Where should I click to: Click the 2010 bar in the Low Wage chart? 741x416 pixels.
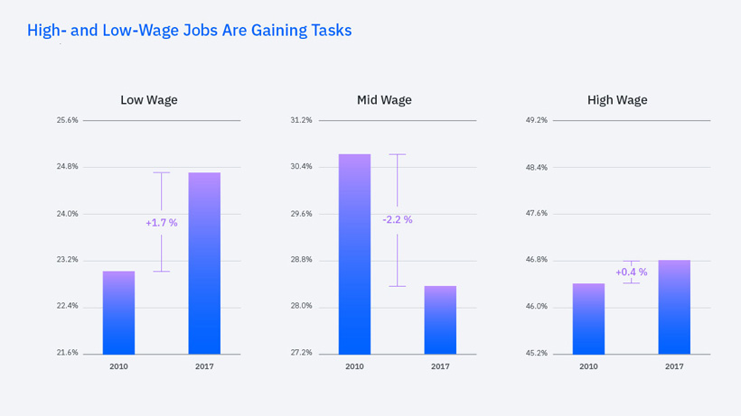pyautogui.click(x=118, y=312)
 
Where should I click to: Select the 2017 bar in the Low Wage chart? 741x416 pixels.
pyautogui.click(x=204, y=263)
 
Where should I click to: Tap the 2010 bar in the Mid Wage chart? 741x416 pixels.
pyautogui.click(x=354, y=254)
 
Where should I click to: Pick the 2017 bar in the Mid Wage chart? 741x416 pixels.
pyautogui.click(x=440, y=319)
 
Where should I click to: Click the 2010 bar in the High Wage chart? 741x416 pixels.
pyautogui.click(x=588, y=319)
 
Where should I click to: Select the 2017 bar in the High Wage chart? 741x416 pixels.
pyautogui.click(x=674, y=307)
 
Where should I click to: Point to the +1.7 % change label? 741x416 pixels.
pyautogui.click(x=162, y=223)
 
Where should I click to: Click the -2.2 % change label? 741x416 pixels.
pyautogui.click(x=398, y=220)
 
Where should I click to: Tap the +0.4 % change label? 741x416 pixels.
pyautogui.click(x=632, y=273)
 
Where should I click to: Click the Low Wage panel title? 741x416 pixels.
pyautogui.click(x=149, y=100)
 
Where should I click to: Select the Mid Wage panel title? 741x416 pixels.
pyautogui.click(x=384, y=100)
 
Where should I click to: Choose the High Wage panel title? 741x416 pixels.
pyautogui.click(x=617, y=100)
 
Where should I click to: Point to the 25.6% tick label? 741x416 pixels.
pyautogui.click(x=67, y=120)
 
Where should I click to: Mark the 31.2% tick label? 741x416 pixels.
pyautogui.click(x=301, y=120)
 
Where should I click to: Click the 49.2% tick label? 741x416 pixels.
pyautogui.click(x=536, y=120)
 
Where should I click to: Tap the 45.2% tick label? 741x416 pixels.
pyautogui.click(x=536, y=353)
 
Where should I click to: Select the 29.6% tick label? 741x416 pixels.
pyautogui.click(x=301, y=214)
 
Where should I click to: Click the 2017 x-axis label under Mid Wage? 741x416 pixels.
pyautogui.click(x=440, y=367)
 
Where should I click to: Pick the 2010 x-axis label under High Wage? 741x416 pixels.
pyautogui.click(x=588, y=367)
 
